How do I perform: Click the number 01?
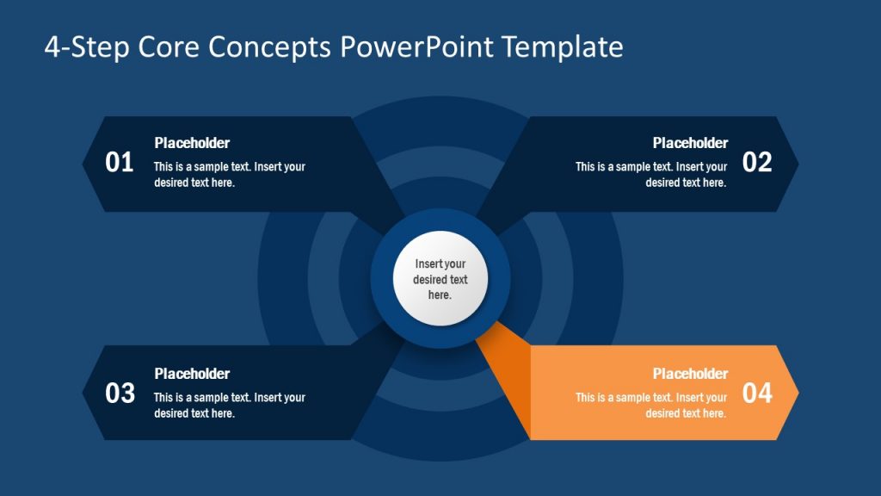(120, 162)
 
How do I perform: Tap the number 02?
(757, 162)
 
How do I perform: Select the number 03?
(120, 394)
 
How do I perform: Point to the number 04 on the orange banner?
(757, 394)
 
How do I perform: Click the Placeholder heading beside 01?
(192, 143)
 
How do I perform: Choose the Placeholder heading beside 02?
(690, 143)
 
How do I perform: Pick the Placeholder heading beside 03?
(192, 374)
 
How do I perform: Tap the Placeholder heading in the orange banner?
(690, 374)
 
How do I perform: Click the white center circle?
(440, 278)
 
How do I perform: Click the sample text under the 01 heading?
(229, 175)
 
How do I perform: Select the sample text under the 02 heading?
(651, 175)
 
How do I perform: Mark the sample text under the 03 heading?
(229, 406)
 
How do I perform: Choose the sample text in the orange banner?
(651, 406)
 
